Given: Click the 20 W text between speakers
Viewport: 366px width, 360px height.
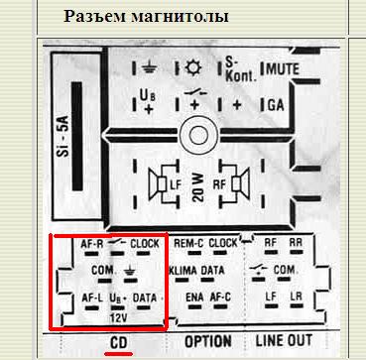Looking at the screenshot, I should pyautogui.click(x=197, y=182).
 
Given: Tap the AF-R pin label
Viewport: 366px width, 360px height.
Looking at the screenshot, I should pyautogui.click(x=92, y=243).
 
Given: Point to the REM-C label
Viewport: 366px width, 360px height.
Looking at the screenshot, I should pyautogui.click(x=187, y=243).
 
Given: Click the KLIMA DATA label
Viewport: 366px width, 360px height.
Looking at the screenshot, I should pyautogui.click(x=202, y=270).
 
